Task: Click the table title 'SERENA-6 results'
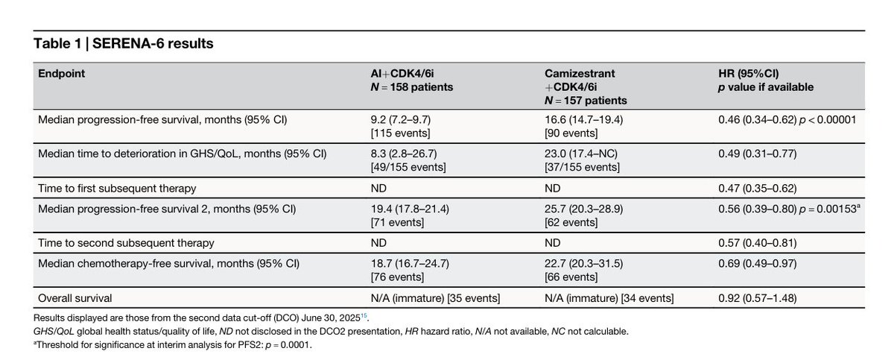tap(153, 43)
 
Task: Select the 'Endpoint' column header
tap(61, 74)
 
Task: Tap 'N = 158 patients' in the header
tap(412, 87)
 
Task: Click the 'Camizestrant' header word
tap(580, 74)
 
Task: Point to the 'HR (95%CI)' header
tap(748, 74)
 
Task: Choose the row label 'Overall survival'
tap(75, 298)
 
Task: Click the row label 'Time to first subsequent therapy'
tap(117, 189)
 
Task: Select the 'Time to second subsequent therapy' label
tap(126, 243)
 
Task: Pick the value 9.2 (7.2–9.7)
tap(401, 120)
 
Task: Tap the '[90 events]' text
tap(571, 133)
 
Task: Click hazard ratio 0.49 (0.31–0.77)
tap(758, 154)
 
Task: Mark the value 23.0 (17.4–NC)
tap(581, 154)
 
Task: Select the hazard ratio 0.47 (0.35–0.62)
tap(758, 189)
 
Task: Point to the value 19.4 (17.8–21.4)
tap(410, 209)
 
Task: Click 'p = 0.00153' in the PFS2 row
tap(828, 209)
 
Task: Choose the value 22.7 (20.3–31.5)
tap(584, 264)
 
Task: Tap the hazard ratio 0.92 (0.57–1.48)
tap(758, 298)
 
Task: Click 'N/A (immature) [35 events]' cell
tap(435, 298)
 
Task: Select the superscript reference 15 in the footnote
tap(364, 316)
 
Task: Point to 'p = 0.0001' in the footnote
tap(288, 345)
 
